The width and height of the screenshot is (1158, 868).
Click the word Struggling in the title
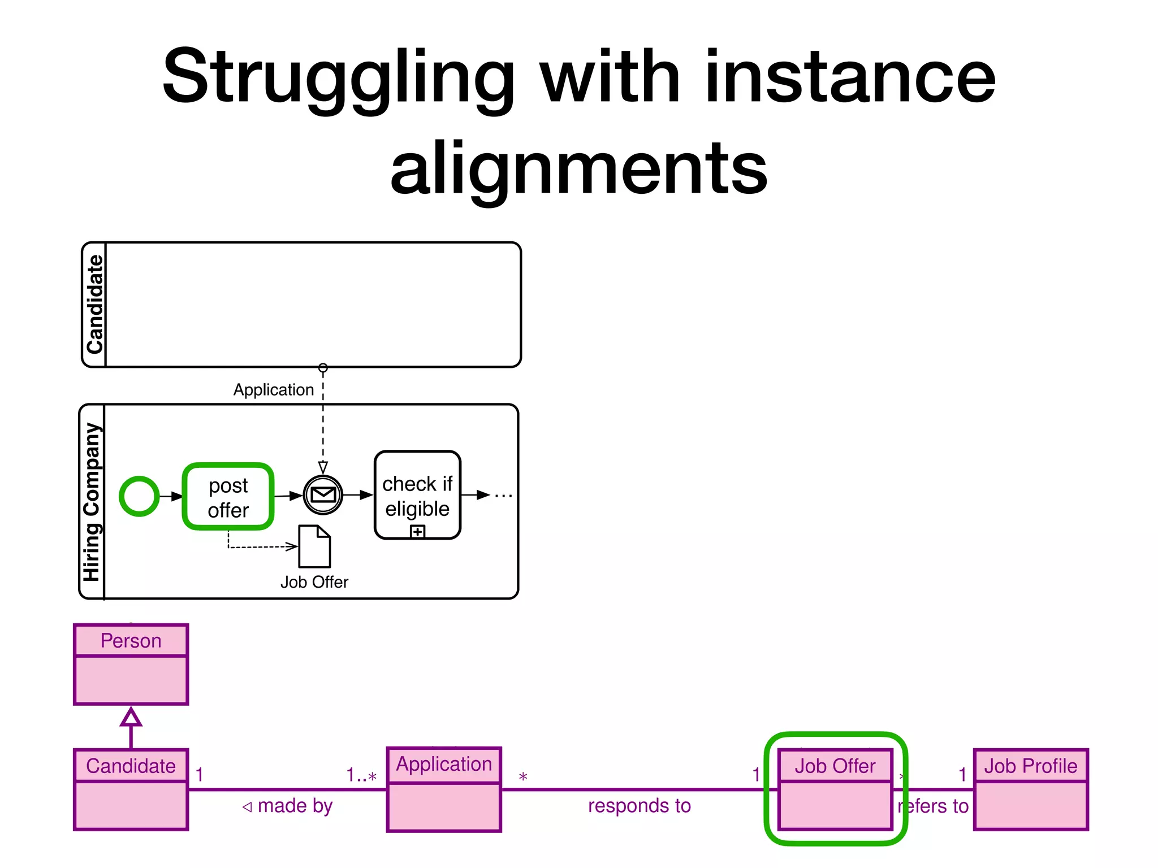coord(338,77)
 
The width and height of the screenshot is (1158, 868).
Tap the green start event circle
coord(139,496)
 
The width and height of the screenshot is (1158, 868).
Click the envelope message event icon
coord(323,495)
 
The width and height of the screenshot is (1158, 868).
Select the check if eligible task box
coord(417,495)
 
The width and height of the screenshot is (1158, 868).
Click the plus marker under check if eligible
coord(417,532)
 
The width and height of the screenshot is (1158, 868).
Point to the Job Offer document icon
coord(314,546)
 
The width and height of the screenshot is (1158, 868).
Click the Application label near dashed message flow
coord(274,390)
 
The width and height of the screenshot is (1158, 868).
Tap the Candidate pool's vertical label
coord(94,305)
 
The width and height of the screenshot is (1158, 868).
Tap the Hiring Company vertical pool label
coord(92,502)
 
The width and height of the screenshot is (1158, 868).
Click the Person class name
coord(131,641)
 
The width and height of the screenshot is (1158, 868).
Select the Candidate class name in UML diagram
coord(131,766)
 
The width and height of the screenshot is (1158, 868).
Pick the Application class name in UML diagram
coord(444,764)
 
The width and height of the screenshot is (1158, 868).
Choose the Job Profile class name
coord(1030,766)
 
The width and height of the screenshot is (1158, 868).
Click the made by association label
coord(288,806)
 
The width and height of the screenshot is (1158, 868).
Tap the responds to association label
coord(639,806)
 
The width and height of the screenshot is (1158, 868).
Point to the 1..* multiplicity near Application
coord(361,775)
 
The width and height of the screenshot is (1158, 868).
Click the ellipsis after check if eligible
coord(503,496)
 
